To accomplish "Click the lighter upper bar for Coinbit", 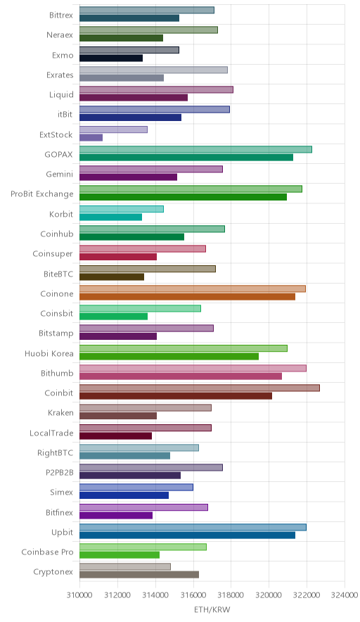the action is [200, 388].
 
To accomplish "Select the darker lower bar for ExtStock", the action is [91, 138].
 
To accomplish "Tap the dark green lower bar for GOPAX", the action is [186, 158].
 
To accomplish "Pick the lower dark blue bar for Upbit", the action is [188, 535].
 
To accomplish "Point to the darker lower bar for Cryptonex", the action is [139, 575].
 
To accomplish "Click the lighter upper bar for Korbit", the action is [122, 209].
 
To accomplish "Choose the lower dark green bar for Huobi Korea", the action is [169, 356].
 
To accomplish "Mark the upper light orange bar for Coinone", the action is [193, 288].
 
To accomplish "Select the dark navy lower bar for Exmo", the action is [111, 58].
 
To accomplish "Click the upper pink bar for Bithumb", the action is [193, 368].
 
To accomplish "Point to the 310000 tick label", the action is [79, 595].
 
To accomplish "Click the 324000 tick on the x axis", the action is [345, 595].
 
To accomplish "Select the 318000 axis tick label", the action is [231, 595].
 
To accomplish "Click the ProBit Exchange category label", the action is [42, 194].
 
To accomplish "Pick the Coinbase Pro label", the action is [48, 552].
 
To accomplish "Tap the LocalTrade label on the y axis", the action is [51, 433].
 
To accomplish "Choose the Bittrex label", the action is [61, 15].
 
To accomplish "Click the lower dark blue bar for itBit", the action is [131, 118].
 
